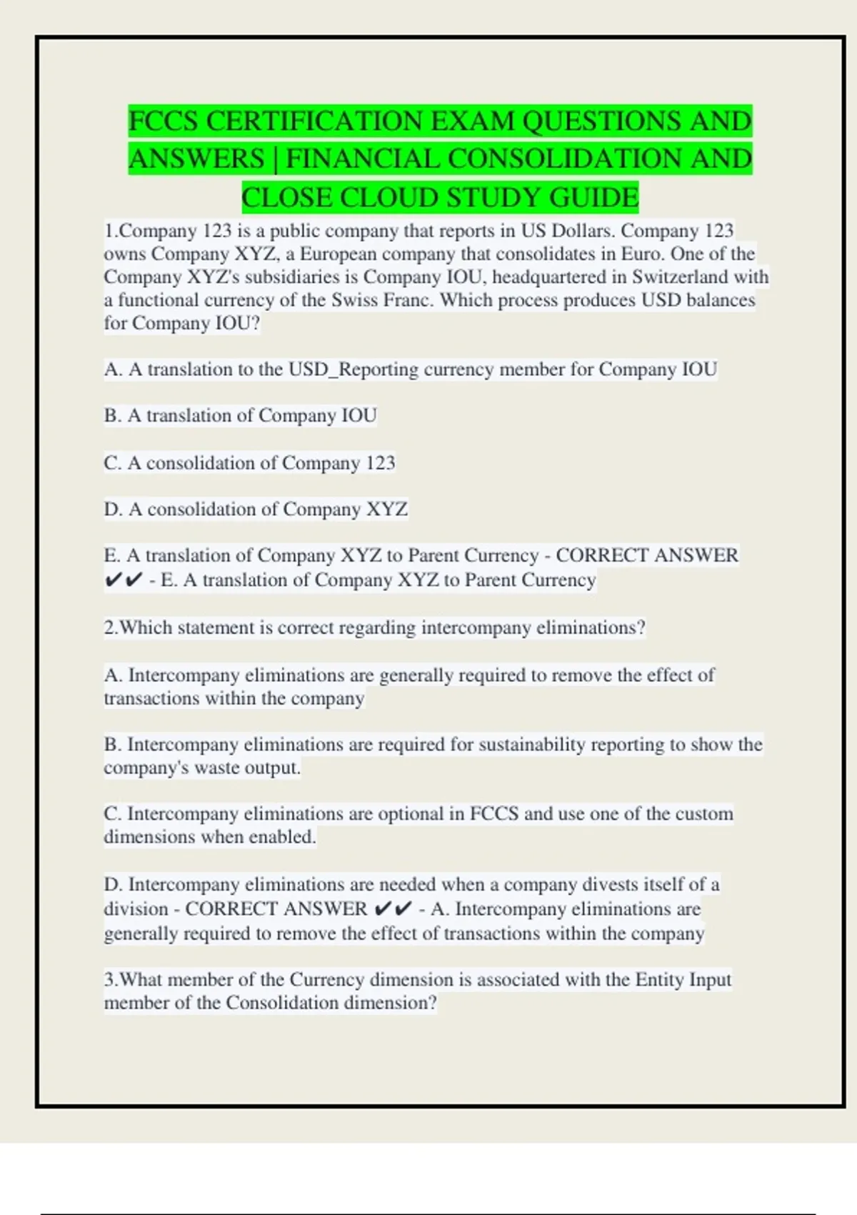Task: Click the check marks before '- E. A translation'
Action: (x=123, y=580)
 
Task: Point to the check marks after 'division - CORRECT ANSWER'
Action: (x=393, y=909)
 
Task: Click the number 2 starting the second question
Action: (x=109, y=628)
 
